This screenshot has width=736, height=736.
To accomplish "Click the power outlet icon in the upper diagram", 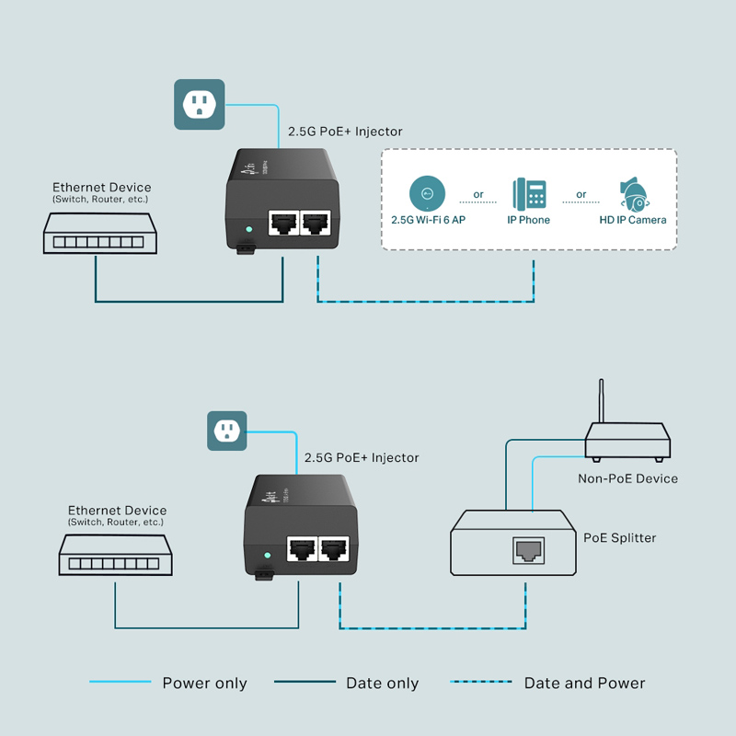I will coord(200,104).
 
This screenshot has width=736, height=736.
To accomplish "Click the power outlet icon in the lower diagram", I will coord(226,430).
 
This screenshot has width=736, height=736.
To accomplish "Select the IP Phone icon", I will coord(529,194).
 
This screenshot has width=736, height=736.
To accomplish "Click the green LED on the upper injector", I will coord(247,229).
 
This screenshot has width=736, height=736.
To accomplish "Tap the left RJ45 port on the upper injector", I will coord(282,224).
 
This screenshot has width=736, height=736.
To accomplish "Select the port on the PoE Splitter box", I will coord(527,550).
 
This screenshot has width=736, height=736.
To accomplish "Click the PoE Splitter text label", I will coord(620,537).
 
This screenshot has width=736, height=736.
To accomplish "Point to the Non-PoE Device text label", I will coord(627,478).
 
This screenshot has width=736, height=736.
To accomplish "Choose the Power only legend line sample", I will coord(121,683).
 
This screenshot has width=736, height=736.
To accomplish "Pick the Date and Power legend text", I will coord(584,684).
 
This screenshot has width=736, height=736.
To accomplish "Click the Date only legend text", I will coord(382,684).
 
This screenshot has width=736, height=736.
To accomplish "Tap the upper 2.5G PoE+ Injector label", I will coord(345,132).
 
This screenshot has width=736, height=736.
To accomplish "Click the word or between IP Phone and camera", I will coord(581,194).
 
